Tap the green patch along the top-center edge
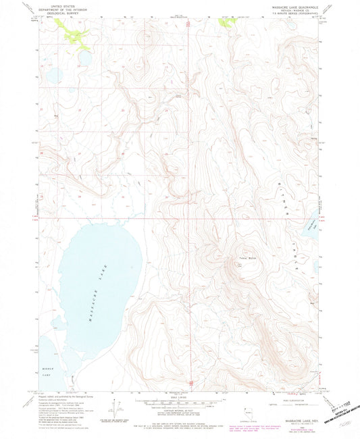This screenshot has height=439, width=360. point(226,22)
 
